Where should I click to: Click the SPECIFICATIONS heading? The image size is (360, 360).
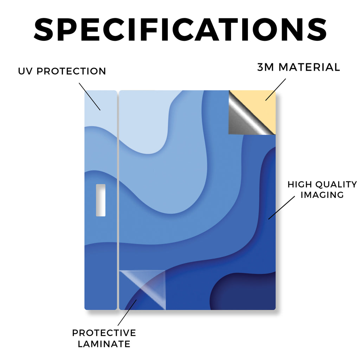coord(180,30)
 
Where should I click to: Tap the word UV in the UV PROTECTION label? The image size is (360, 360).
coord(26,71)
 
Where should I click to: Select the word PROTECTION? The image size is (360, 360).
coord(71,71)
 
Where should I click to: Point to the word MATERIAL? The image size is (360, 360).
coord(309,67)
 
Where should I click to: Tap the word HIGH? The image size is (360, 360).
coord(300,184)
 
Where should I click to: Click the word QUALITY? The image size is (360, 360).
coord(336,184)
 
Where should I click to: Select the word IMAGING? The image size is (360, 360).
coord(322,195)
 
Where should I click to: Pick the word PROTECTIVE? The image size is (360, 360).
coord(104,333)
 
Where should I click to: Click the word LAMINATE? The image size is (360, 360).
coord(104,344)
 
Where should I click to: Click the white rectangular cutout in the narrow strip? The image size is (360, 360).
coord(101,200)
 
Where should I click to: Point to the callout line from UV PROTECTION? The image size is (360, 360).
coord(90,97)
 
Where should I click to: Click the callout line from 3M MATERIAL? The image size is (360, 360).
coord(276,90)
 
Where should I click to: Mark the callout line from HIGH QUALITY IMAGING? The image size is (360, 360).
coord(282,207)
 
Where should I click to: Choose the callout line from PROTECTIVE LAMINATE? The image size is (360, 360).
coord(127,313)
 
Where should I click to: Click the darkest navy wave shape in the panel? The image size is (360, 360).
coord(243,291)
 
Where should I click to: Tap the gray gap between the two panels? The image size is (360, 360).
coord(118,200)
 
